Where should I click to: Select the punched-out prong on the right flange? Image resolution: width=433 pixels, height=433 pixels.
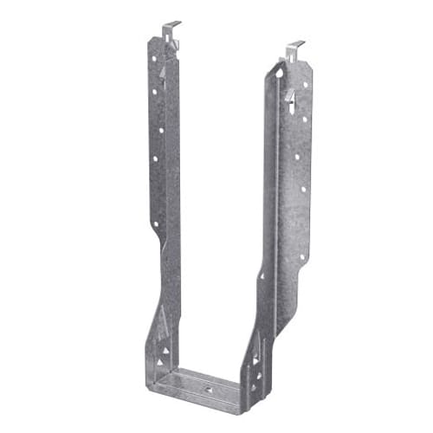290,94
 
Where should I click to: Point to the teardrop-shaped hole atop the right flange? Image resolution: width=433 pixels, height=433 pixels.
278,74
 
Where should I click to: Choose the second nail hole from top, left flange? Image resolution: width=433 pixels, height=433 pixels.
157,90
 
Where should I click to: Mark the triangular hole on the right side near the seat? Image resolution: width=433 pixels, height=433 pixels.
255,355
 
